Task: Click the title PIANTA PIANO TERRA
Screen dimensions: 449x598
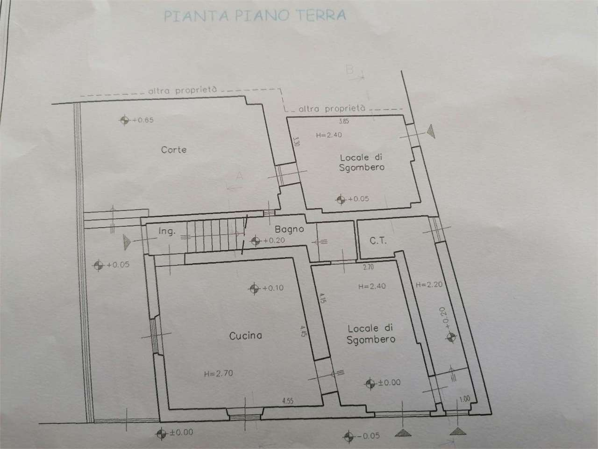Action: (x=255, y=15)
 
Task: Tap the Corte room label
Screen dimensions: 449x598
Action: (x=174, y=150)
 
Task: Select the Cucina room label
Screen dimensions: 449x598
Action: (x=245, y=335)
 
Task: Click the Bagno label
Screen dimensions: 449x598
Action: (x=289, y=229)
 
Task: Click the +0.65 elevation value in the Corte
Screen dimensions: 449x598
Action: (x=143, y=120)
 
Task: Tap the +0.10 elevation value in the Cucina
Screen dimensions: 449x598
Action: (x=273, y=288)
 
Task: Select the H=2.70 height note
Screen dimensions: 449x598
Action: (x=219, y=373)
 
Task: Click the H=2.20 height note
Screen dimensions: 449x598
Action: (x=428, y=284)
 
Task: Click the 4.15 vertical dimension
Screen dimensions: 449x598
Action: (x=322, y=299)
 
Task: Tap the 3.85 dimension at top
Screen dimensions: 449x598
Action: (x=343, y=121)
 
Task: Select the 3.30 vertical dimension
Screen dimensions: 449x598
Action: (x=295, y=141)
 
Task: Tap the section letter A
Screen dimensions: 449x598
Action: (x=240, y=176)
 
